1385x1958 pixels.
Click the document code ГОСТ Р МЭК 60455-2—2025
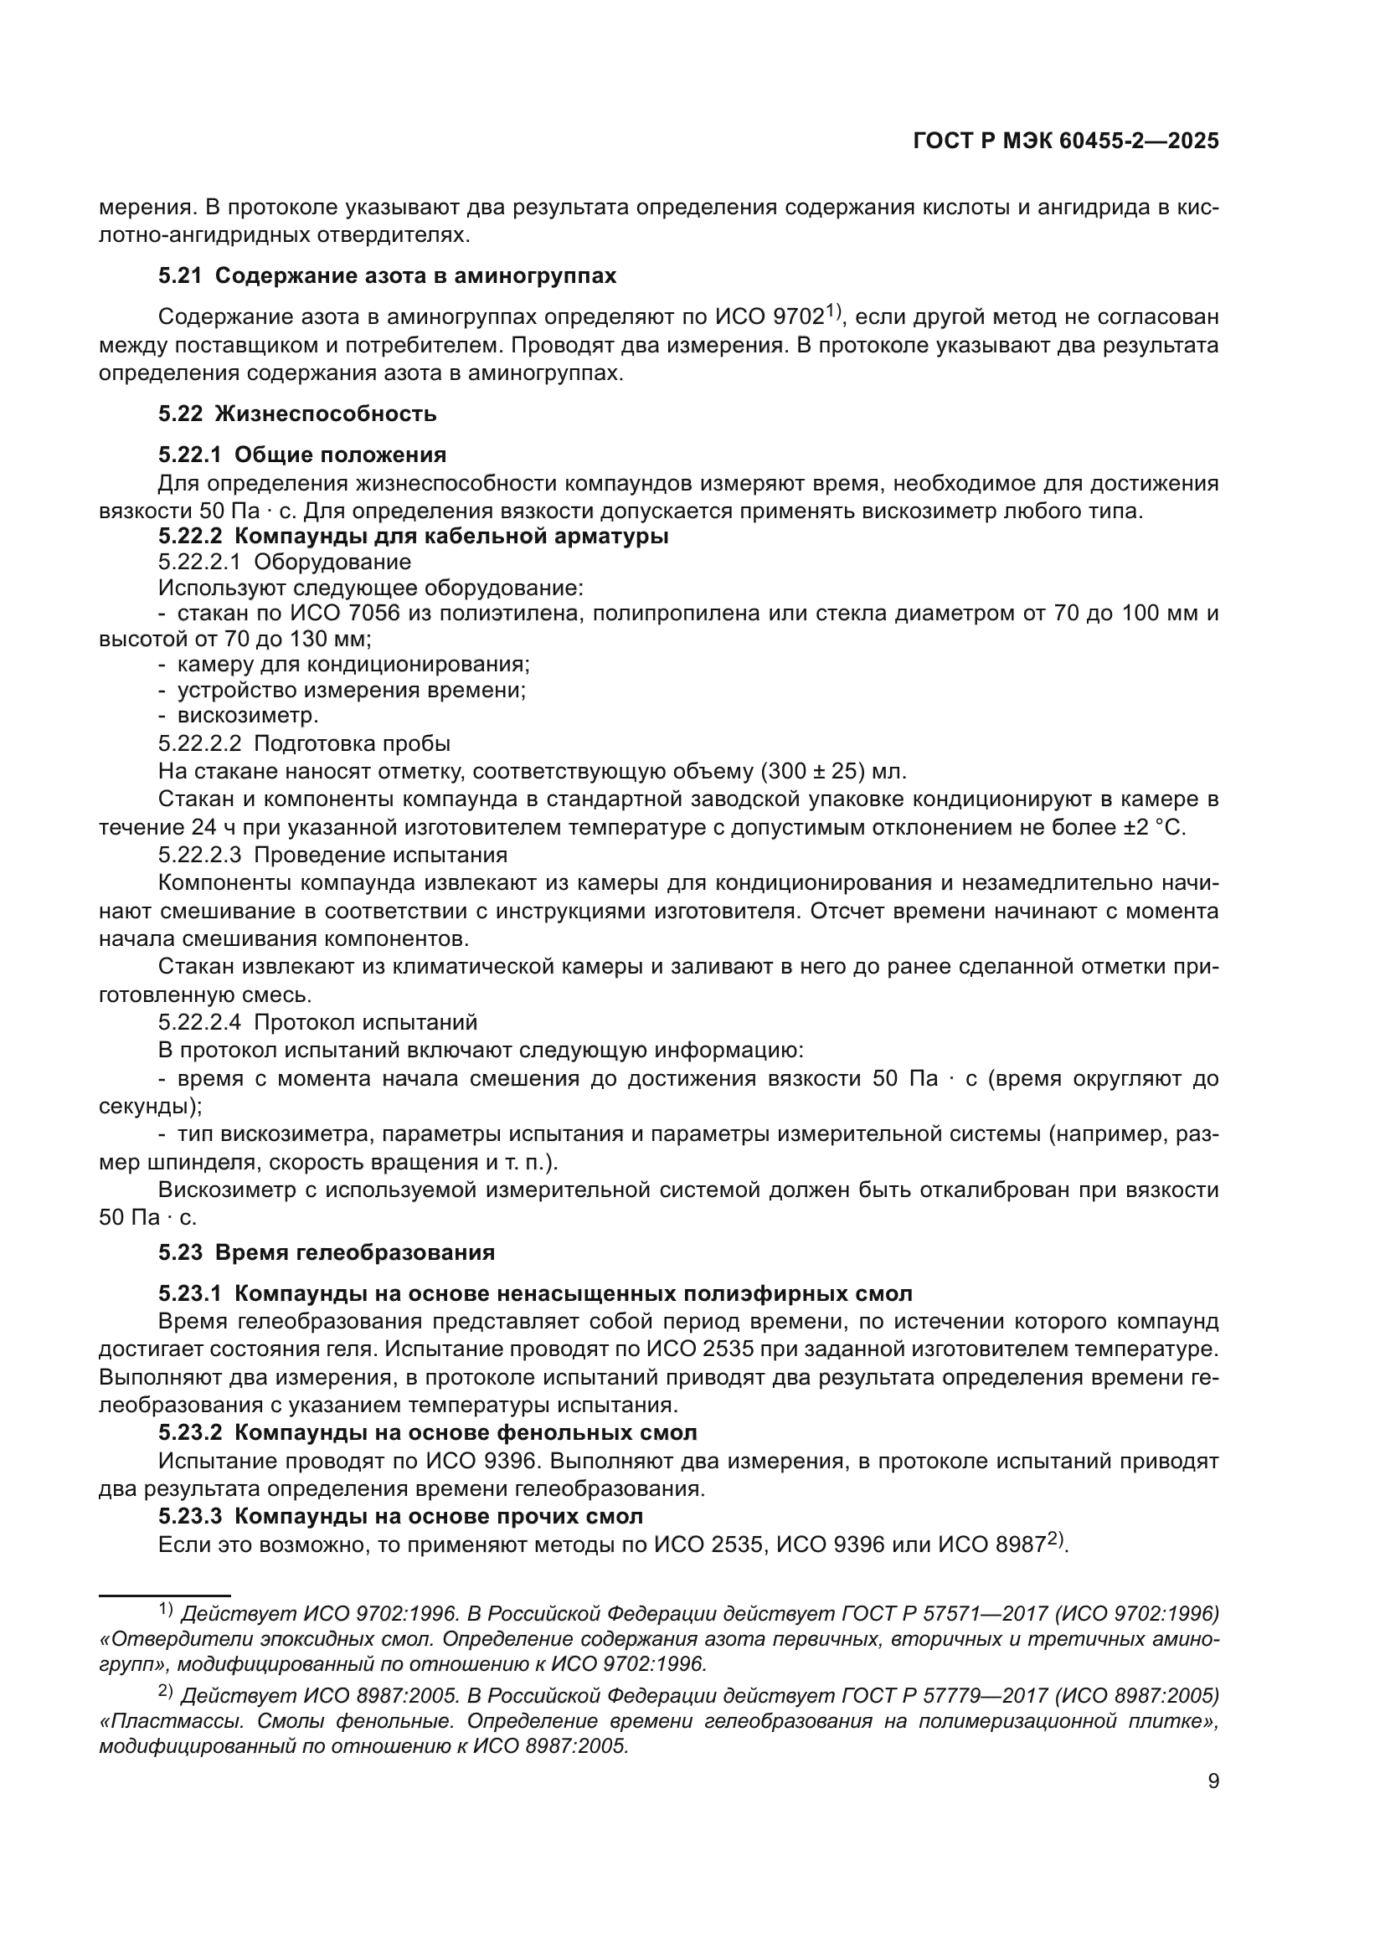1065,141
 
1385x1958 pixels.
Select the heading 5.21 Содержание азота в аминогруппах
387,275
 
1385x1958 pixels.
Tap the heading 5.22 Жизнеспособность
297,414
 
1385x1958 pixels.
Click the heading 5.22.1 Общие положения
302,455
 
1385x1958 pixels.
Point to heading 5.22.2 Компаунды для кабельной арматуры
413,537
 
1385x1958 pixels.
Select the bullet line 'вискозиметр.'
247,716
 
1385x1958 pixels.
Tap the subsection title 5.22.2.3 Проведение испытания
332,855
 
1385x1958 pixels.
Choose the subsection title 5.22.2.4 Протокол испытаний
317,1022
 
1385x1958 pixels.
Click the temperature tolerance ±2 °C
1154,827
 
